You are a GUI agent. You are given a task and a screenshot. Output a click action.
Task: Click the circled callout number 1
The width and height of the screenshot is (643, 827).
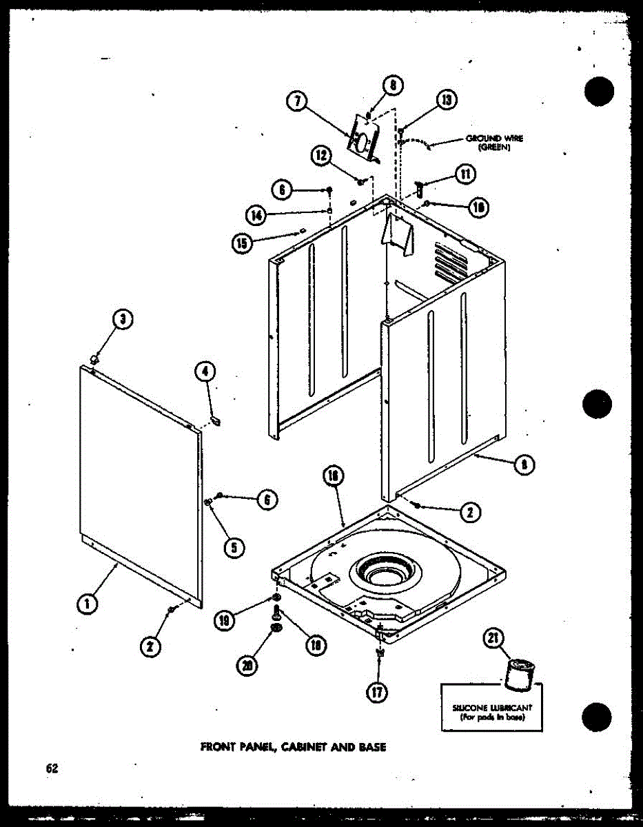point(87,604)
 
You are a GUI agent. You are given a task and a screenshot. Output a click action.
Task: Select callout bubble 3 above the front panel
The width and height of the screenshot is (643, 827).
point(123,318)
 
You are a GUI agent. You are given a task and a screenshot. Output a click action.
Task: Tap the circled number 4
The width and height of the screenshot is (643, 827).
point(205,372)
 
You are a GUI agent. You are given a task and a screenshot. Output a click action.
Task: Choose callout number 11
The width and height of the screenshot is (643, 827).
point(466,174)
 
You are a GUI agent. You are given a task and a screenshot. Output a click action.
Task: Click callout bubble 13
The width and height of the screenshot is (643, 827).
point(446,101)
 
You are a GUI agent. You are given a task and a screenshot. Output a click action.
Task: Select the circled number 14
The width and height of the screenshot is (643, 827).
point(258,215)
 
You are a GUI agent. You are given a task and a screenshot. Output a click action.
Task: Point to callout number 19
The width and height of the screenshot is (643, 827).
point(223,620)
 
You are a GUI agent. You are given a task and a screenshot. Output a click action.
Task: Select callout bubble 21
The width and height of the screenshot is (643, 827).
point(492,639)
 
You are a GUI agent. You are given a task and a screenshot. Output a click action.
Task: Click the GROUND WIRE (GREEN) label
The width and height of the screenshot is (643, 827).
point(494,142)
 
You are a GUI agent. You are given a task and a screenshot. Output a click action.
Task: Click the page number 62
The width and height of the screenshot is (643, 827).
point(52,768)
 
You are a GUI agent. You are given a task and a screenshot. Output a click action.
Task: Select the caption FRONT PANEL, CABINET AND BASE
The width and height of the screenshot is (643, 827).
point(293,746)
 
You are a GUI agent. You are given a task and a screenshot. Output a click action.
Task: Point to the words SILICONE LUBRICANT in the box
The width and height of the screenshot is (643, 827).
point(492,708)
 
